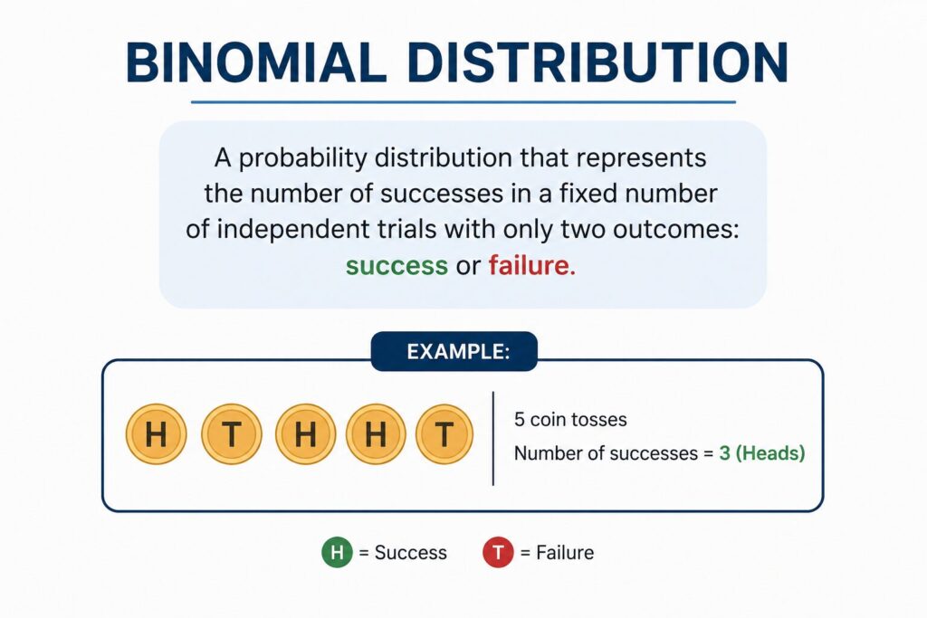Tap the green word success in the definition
(x=397, y=266)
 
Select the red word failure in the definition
(x=531, y=266)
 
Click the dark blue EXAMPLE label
(x=454, y=352)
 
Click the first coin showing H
(x=157, y=435)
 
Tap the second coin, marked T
(x=232, y=435)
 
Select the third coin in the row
(x=305, y=435)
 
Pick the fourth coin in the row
(x=376, y=435)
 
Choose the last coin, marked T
(x=444, y=435)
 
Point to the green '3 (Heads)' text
(x=761, y=453)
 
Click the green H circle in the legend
(x=337, y=552)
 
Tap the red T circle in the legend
(x=498, y=552)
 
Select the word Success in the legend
(x=411, y=552)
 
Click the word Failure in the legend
(x=565, y=552)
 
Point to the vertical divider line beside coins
(x=493, y=438)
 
